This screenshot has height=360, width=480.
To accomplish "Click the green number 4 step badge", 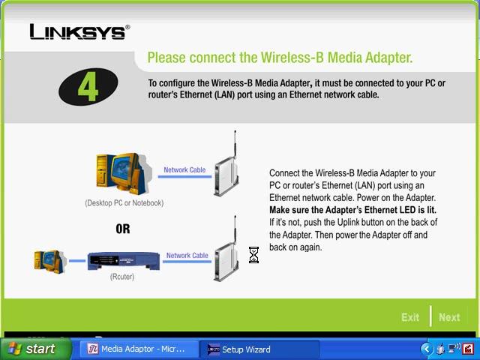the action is pos(88,87).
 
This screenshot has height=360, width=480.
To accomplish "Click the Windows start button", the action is pos(36,349).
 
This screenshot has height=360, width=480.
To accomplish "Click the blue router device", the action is pos(124,261).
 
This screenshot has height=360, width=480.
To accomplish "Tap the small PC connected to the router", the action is pos(50,262).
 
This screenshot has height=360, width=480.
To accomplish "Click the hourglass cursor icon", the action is pos(253,255).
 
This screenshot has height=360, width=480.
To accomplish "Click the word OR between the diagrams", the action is pos(123,229).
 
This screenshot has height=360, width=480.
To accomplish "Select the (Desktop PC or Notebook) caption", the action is pos(124,203).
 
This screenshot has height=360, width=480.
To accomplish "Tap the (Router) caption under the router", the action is pos(122,277).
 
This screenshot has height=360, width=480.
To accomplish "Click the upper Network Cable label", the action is pos(184,169).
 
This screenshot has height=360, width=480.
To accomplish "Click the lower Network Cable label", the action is pos(187,255).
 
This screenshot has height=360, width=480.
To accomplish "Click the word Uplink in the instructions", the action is pos(348,222).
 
